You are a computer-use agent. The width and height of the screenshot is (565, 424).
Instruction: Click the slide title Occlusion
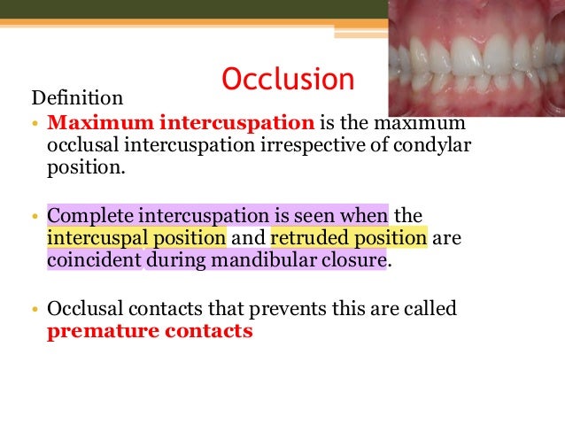288,80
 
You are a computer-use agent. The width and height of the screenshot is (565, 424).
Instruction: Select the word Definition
77,96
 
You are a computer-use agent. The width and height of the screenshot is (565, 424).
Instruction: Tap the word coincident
94,262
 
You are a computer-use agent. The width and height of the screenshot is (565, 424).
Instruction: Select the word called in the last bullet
430,310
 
